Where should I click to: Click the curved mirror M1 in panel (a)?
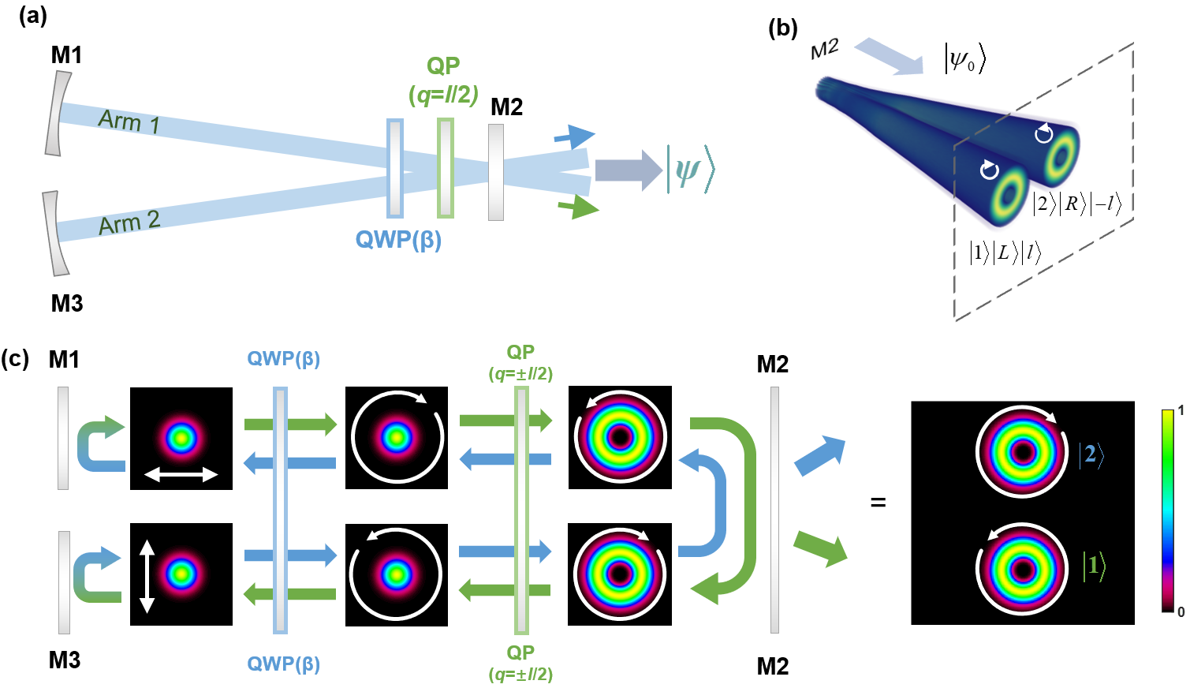pyautogui.click(x=57, y=114)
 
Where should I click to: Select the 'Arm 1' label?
pyautogui.click(x=129, y=122)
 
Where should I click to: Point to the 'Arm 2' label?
pyautogui.click(x=129, y=222)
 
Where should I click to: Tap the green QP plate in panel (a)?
pyautogui.click(x=446, y=168)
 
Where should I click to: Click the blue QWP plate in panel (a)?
pyautogui.click(x=395, y=168)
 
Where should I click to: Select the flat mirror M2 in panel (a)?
pyautogui.click(x=496, y=172)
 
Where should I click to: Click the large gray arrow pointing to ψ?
pyautogui.click(x=628, y=170)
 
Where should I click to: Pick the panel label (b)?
pyautogui.click(x=782, y=28)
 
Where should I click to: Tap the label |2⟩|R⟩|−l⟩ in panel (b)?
pyautogui.click(x=1076, y=204)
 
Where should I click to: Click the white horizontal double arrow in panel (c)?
pyautogui.click(x=181, y=474)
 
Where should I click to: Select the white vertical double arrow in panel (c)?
pyautogui.click(x=147, y=576)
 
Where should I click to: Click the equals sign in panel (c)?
pyautogui.click(x=878, y=502)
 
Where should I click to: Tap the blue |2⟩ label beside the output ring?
pyautogui.click(x=1091, y=454)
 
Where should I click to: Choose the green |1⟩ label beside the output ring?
pyautogui.click(x=1093, y=566)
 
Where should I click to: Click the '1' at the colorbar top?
pyautogui.click(x=1181, y=410)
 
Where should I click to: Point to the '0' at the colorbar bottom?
pyautogui.click(x=1181, y=611)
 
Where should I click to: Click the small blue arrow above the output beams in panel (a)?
pyautogui.click(x=575, y=137)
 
